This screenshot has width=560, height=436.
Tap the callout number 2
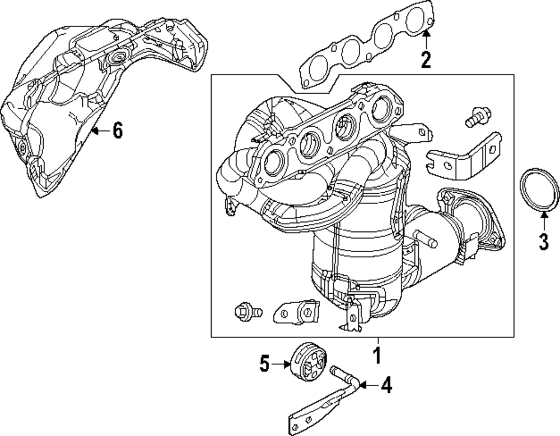[x=426, y=59]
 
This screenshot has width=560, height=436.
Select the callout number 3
[x=544, y=242]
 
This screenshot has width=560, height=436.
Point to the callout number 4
[x=386, y=385]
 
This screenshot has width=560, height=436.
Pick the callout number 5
[x=264, y=364]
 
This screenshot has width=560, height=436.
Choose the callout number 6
[x=118, y=131]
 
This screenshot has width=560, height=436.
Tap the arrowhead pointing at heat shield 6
[x=94, y=131]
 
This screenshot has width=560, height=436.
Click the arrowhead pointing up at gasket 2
[x=426, y=33]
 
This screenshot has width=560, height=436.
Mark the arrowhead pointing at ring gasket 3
[x=544, y=215]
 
